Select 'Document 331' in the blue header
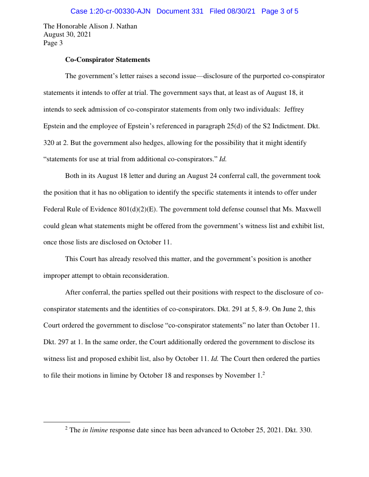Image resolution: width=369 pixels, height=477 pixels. [180, 11]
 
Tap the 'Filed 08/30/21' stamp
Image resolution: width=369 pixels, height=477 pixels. [233, 11]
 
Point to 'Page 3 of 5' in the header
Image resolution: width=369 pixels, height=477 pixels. [280, 11]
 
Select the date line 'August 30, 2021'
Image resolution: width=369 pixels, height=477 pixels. [67, 35]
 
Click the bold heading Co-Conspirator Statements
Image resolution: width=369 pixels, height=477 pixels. [108, 60]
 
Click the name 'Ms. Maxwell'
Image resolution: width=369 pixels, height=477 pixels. [303, 209]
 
